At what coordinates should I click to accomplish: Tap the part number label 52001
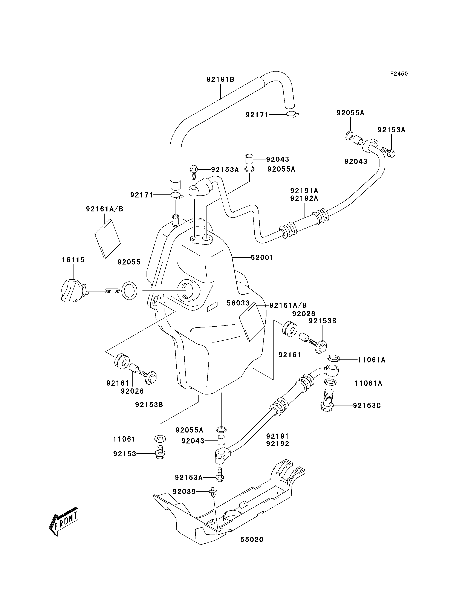pos(262,257)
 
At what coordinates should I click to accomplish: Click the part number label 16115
pos(73,260)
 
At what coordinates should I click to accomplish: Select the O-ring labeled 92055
pos(130,291)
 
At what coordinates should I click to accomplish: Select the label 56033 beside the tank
pos(238,303)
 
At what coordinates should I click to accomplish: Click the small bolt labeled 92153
pos(160,453)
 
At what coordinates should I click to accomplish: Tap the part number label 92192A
pos(304,199)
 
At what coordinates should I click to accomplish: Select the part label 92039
pos(184,492)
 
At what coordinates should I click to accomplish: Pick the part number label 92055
pos(129,262)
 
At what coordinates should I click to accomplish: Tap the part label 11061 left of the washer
pos(124,439)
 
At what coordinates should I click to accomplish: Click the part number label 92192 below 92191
pos(278,444)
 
